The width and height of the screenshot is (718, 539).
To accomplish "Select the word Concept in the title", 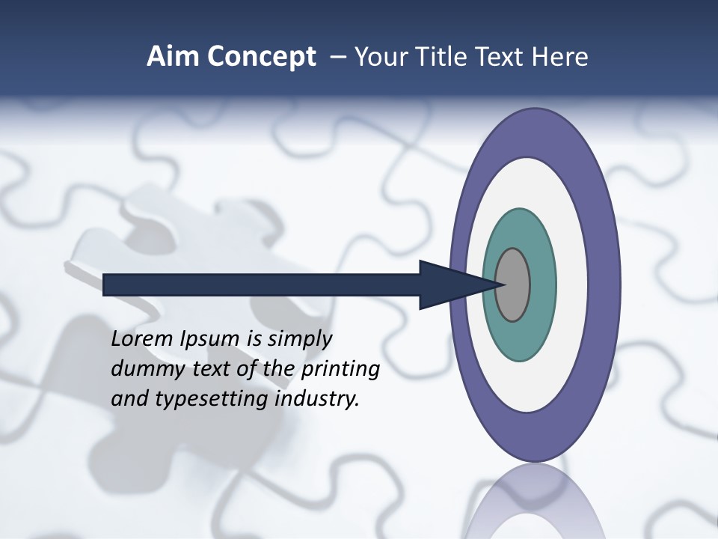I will [261, 57].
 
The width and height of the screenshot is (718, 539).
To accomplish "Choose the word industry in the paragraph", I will [318, 400].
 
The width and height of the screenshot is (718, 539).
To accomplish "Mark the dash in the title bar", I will [338, 57].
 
